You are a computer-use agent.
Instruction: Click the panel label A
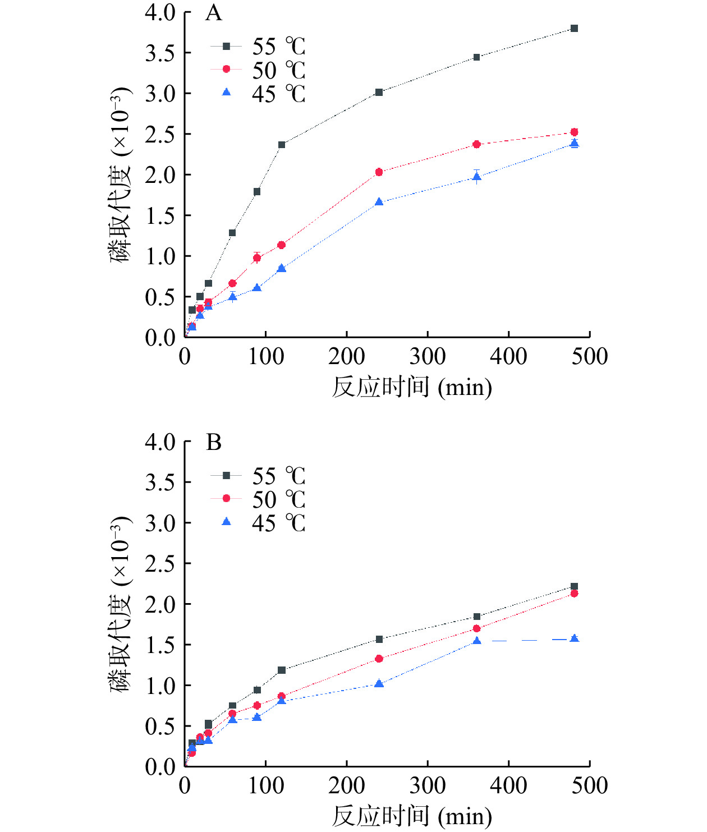(x=214, y=13)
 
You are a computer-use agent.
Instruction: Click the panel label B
(x=214, y=443)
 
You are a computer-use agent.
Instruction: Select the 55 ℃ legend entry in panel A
(x=258, y=47)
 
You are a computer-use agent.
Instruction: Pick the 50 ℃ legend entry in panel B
(x=258, y=499)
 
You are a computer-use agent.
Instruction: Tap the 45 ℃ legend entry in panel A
(x=258, y=93)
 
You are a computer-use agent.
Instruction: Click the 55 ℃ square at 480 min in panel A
(x=574, y=29)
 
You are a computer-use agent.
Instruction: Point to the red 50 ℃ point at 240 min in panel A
(x=379, y=172)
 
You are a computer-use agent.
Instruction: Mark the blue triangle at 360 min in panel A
(x=476, y=177)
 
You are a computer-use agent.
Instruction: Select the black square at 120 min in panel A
(x=282, y=145)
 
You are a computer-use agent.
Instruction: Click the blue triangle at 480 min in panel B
(x=574, y=638)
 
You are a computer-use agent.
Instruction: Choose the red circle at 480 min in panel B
(x=574, y=594)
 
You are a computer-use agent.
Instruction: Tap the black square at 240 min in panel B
(x=379, y=640)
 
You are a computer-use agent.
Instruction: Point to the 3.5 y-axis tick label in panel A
(x=160, y=53)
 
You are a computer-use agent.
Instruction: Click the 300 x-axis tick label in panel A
(x=428, y=357)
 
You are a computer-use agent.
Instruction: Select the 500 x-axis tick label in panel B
(x=590, y=786)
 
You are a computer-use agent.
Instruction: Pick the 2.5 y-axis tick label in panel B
(x=160, y=564)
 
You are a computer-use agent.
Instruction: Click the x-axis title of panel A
(x=412, y=387)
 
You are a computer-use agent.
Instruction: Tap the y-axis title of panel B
(x=120, y=604)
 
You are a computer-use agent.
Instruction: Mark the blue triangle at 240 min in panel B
(x=379, y=683)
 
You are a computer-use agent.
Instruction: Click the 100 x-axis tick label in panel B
(x=266, y=786)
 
